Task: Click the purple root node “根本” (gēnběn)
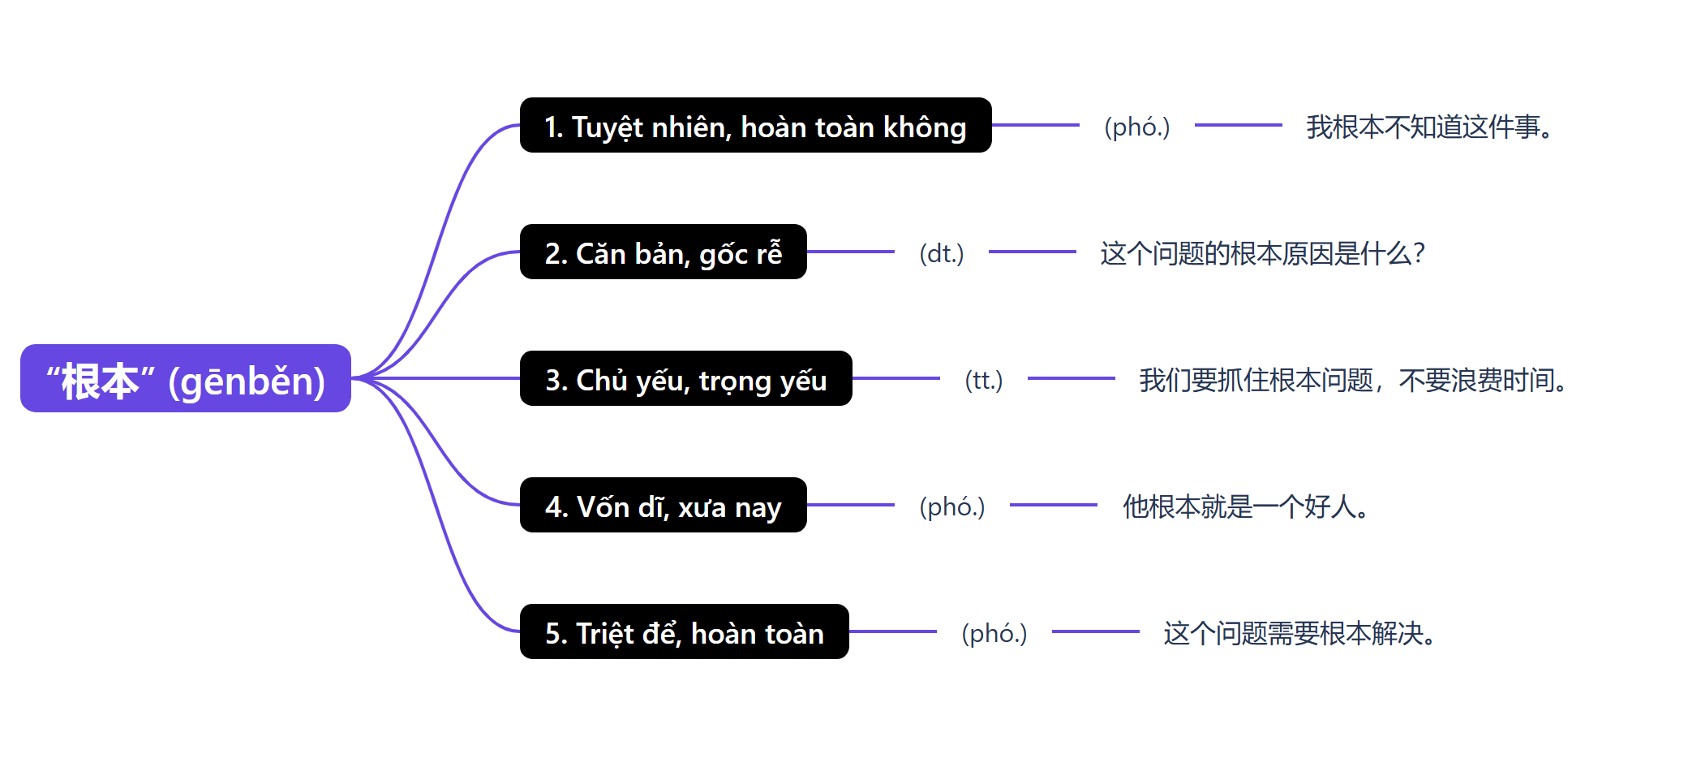pyautogui.click(x=185, y=378)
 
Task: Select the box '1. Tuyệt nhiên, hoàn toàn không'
pyautogui.click(x=754, y=126)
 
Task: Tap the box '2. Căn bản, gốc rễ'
pyautogui.click(x=663, y=252)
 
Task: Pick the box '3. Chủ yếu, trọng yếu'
pyautogui.click(x=685, y=379)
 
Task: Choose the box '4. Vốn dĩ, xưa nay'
pyautogui.click(x=663, y=506)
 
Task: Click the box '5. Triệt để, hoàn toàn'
pyautogui.click(x=684, y=632)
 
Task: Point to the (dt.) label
pyautogui.click(x=941, y=253)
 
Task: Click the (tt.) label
pyautogui.click(x=983, y=380)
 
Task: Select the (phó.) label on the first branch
pyautogui.click(x=1136, y=127)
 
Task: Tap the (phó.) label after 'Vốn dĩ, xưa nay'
pyautogui.click(x=951, y=506)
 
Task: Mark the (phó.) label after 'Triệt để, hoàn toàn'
pyautogui.click(x=994, y=633)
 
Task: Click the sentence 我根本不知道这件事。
pyautogui.click(x=1429, y=127)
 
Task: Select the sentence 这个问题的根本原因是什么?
pyautogui.click(x=1262, y=253)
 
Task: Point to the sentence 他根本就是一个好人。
pyautogui.click(x=1246, y=506)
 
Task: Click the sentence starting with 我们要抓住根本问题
pyautogui.click(x=1352, y=380)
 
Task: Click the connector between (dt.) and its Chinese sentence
pyautogui.click(x=1032, y=252)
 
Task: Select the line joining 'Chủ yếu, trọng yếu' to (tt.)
pyautogui.click(x=896, y=379)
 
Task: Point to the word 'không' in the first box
pyautogui.click(x=924, y=127)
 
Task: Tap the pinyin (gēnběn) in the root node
pyautogui.click(x=247, y=381)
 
